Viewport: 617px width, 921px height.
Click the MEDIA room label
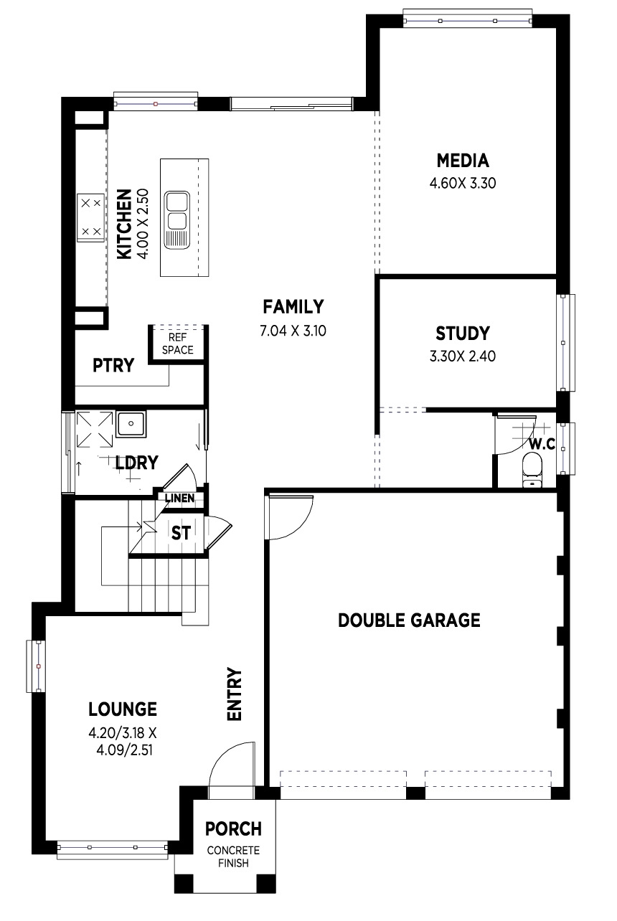(463, 161)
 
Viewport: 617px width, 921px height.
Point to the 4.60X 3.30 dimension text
(463, 183)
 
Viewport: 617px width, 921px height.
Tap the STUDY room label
(463, 334)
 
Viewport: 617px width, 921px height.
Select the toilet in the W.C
(532, 470)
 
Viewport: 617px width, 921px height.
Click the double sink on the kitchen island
(177, 220)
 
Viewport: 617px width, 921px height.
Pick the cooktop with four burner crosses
(90, 217)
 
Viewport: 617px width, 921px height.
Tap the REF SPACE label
(178, 344)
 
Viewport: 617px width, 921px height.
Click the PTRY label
(113, 365)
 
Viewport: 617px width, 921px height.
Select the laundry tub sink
(131, 423)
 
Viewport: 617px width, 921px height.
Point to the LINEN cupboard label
(180, 499)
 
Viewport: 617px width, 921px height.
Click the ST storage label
(181, 533)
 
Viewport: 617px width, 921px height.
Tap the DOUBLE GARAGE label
(409, 620)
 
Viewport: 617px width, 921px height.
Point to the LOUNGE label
(123, 709)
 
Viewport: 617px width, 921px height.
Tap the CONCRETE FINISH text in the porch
(233, 856)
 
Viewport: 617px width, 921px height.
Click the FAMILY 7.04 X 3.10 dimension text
(293, 331)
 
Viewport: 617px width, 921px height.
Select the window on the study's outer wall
(566, 342)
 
